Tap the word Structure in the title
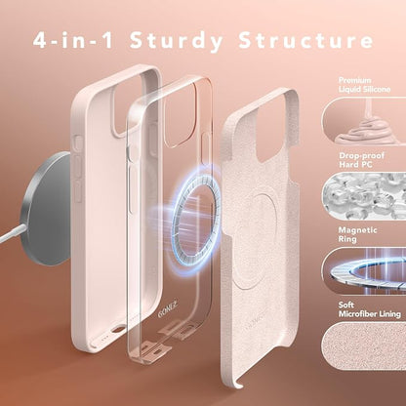tap(305, 40)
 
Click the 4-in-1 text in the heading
tap(73, 40)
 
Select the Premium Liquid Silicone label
tap(364, 85)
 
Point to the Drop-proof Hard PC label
tap(361, 160)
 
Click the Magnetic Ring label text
tap(357, 234)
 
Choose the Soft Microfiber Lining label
tap(369, 309)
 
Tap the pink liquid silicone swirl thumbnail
tap(364, 120)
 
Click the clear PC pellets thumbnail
tap(364, 195)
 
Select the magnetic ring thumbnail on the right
tap(364, 270)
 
